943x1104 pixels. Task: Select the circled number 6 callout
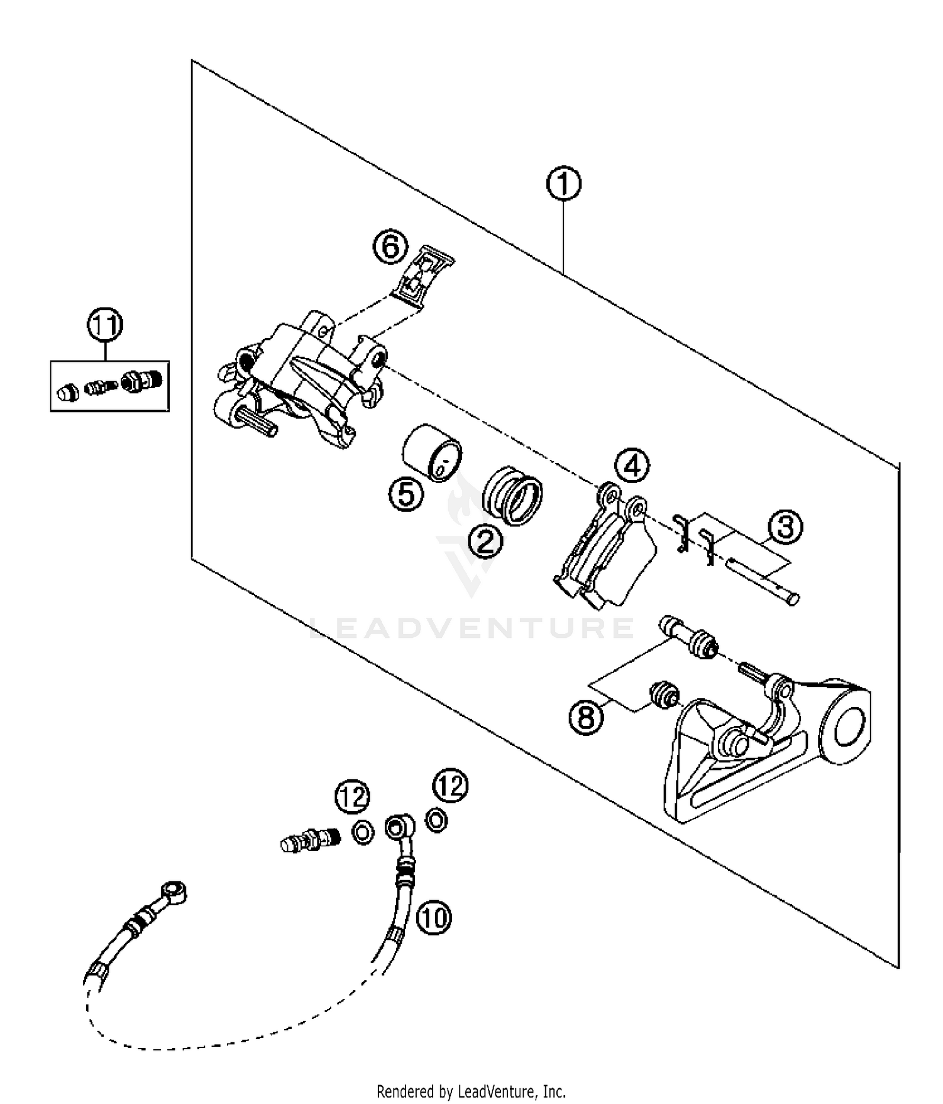[x=390, y=247]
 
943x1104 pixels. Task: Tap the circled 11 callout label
[x=105, y=325]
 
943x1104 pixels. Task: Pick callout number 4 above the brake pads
[x=632, y=466]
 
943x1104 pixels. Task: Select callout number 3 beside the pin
[x=786, y=527]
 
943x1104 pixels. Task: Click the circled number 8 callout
[x=587, y=716]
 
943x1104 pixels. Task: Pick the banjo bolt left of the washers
[x=311, y=839]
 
